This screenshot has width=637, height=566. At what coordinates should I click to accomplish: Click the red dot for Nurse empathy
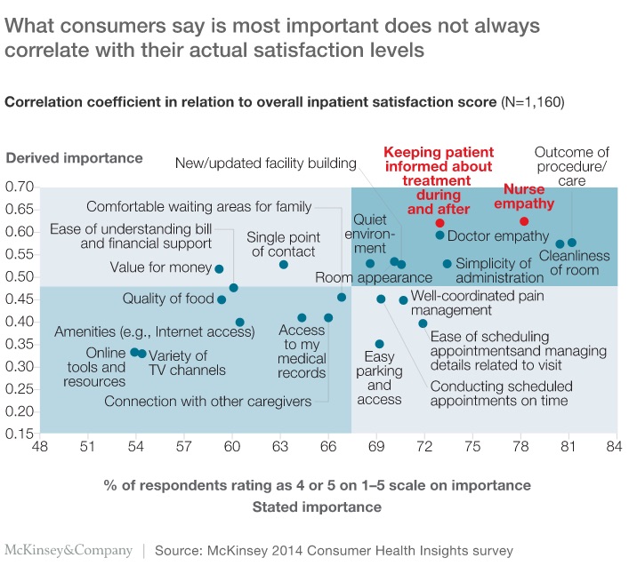(x=524, y=221)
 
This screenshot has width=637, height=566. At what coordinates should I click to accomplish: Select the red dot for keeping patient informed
(x=439, y=223)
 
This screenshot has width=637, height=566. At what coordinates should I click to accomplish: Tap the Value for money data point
(x=219, y=268)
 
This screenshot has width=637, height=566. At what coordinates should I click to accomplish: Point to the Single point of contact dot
(x=284, y=265)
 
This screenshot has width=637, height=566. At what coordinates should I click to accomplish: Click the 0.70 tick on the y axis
(x=20, y=187)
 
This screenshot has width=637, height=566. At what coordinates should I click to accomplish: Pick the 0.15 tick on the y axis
(x=20, y=434)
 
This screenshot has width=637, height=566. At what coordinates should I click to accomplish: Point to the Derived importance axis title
(x=74, y=159)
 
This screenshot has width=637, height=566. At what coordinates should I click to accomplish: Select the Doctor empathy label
(x=497, y=236)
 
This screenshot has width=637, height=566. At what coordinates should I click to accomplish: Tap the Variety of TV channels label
(x=187, y=363)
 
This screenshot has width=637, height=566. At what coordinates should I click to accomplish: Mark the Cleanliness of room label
(x=575, y=263)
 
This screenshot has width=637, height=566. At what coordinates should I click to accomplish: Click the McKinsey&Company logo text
(x=69, y=551)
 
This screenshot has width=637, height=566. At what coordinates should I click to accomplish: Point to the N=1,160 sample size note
(x=532, y=102)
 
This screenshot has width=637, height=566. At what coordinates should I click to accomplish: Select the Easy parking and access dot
(x=380, y=344)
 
